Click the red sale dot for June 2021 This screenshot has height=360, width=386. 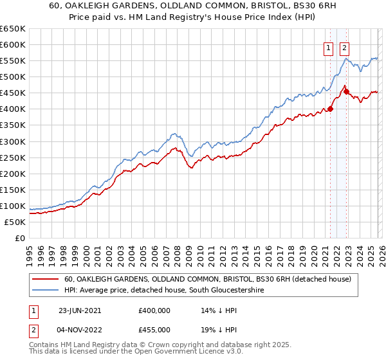[331, 109]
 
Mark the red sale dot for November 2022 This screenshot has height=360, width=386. [346, 91]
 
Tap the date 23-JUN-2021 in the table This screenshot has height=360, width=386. [80, 310]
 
